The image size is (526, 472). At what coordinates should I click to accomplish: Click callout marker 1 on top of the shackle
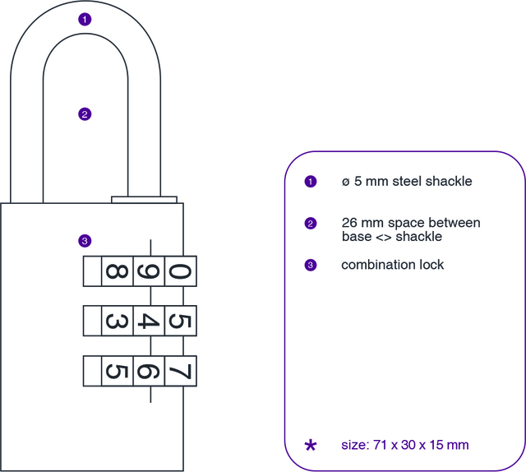click(x=84, y=19)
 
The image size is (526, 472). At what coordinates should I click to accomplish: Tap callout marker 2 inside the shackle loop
click(x=84, y=114)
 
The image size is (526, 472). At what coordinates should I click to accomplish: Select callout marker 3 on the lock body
click(x=84, y=241)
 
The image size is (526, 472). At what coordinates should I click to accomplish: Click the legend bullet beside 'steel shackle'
click(x=310, y=182)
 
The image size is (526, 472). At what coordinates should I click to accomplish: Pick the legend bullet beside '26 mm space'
click(x=310, y=224)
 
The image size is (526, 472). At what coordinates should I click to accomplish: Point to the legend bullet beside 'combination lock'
click(x=310, y=265)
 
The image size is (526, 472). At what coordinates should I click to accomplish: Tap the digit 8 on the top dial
click(x=114, y=271)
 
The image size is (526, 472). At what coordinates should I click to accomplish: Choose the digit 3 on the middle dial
click(x=114, y=320)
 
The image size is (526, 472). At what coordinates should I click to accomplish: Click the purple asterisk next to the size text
click(x=310, y=446)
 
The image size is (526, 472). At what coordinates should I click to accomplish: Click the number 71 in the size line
click(x=379, y=445)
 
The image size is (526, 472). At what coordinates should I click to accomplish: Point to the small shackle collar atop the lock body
click(x=144, y=199)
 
